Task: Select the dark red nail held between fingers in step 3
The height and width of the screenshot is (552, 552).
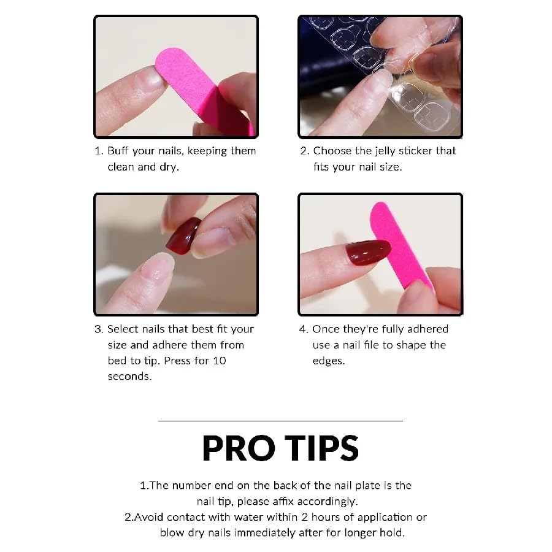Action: click(x=183, y=235)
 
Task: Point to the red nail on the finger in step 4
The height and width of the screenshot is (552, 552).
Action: click(x=368, y=252)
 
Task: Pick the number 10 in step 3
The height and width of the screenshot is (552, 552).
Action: click(x=220, y=361)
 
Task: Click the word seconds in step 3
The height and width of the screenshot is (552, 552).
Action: click(x=129, y=377)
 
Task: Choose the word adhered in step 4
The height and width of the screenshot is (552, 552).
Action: click(x=427, y=329)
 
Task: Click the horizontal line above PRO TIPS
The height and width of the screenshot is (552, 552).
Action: click(x=280, y=421)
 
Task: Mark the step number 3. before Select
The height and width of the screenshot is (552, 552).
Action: click(x=99, y=329)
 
